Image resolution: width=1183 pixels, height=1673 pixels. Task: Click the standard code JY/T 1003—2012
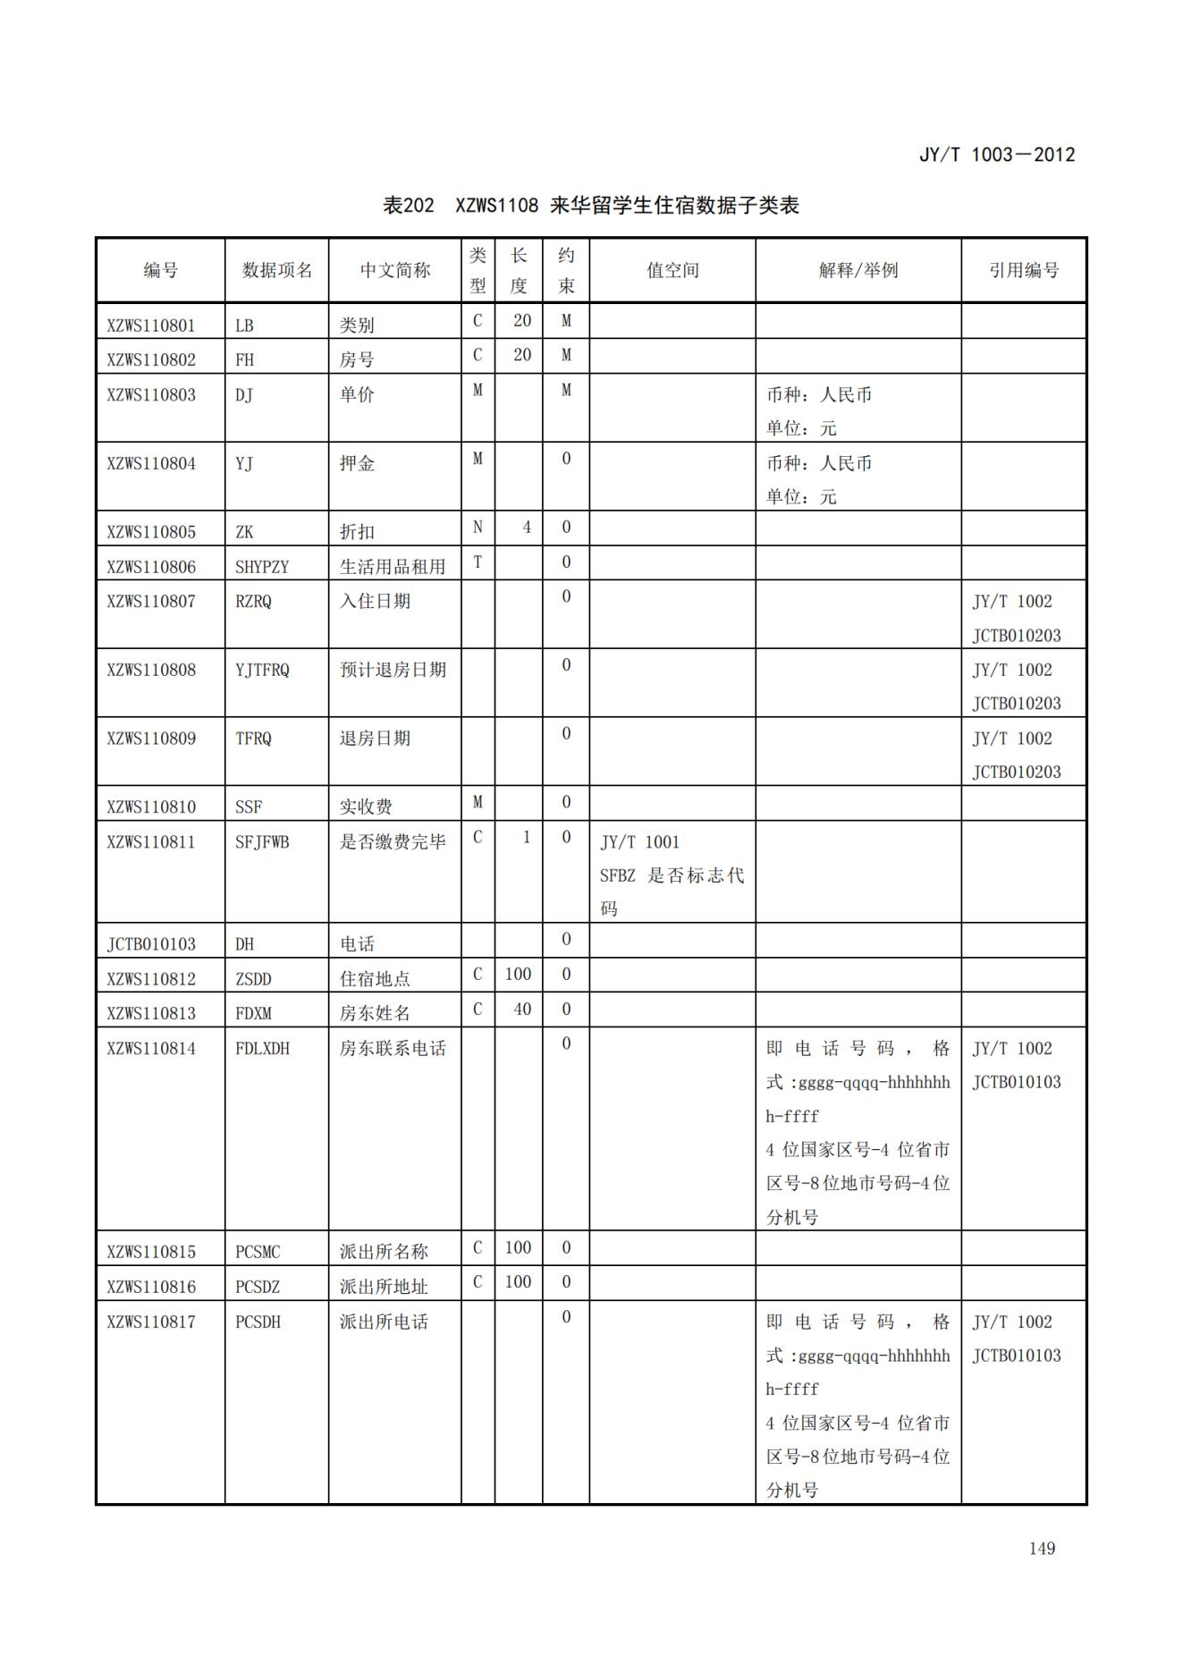[996, 155]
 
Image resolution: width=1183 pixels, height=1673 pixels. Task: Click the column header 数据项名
[277, 270]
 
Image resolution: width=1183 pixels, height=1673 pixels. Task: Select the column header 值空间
[672, 270]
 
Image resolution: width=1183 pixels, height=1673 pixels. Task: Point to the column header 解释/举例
[858, 270]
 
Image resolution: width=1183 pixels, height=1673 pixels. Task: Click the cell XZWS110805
[151, 531]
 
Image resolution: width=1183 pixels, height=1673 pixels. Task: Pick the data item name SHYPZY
[262, 566]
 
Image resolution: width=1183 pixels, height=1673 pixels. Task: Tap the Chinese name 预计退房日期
[393, 670]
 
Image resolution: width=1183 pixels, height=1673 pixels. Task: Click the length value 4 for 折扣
[526, 528]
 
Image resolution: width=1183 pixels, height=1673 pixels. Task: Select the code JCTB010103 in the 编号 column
[151, 944]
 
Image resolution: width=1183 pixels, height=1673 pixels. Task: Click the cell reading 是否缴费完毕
[393, 841]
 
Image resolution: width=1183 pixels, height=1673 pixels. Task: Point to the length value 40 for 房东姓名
[521, 1010]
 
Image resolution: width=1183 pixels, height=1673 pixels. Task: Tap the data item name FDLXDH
[262, 1048]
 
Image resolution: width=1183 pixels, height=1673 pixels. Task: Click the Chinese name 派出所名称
[384, 1252]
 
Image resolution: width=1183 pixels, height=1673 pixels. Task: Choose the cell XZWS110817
[151, 1322]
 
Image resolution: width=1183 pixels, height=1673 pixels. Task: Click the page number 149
[1042, 1548]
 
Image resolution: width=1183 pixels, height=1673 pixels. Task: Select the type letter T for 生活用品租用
[477, 562]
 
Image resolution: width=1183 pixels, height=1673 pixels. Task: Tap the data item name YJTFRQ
[262, 670]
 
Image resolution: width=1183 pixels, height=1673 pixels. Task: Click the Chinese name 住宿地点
[375, 979]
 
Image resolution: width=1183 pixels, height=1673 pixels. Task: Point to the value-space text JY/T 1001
[639, 842]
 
